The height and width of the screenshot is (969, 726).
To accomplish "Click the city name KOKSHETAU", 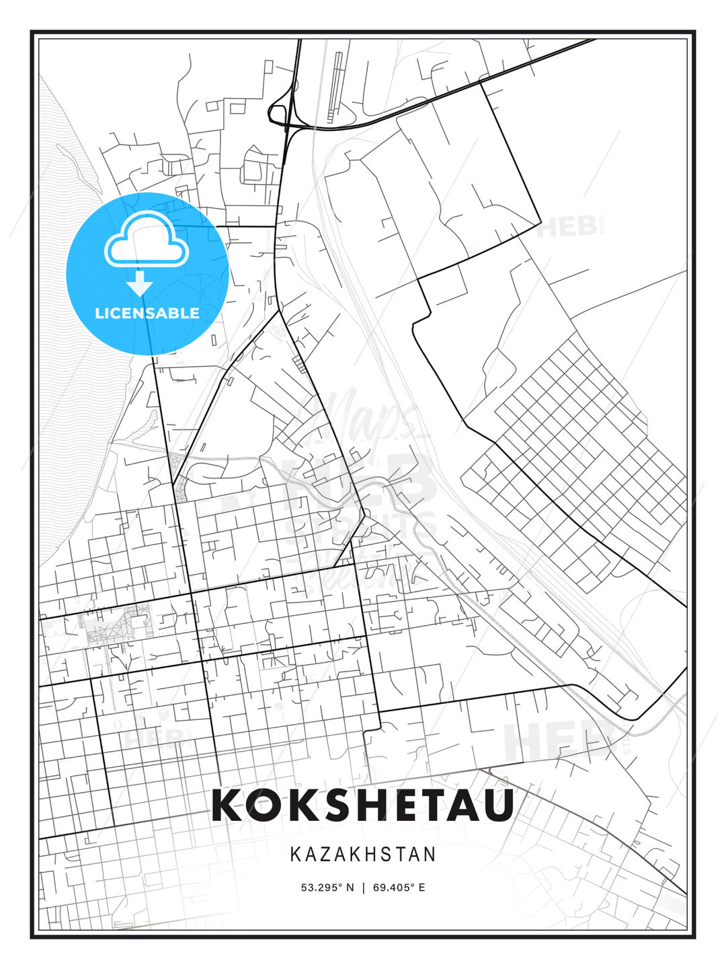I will tap(363, 805).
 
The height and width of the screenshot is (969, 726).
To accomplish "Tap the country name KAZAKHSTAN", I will tap(363, 854).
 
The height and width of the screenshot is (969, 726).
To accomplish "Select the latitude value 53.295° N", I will tap(327, 887).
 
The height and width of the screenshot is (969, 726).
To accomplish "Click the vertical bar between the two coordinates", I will tap(363, 887).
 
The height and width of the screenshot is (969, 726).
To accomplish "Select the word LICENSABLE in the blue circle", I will tap(147, 313).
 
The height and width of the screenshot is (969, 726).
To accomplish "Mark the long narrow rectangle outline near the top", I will tap(333, 87).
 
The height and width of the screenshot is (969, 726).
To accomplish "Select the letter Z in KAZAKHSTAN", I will tap(325, 854).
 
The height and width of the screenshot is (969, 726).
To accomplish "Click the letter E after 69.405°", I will tap(421, 887).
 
